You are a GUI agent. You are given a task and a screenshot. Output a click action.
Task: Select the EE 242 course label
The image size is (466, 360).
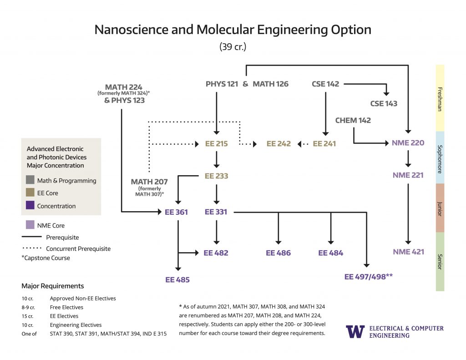[278, 144]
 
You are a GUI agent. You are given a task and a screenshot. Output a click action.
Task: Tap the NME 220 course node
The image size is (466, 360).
[408, 143]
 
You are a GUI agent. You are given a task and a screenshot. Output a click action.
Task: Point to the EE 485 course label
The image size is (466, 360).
[177, 280]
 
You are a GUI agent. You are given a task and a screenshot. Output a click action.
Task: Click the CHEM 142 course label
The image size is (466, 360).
[353, 121]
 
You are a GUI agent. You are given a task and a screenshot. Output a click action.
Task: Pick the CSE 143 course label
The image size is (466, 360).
[383, 103]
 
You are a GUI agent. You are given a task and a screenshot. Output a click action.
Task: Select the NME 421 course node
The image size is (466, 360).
[408, 252]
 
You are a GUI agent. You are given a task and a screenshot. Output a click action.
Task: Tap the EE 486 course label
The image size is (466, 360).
[278, 253]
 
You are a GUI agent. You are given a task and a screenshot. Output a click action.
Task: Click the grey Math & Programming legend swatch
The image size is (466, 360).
[30, 180]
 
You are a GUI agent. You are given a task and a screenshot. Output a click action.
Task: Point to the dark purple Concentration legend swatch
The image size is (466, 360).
[30, 206]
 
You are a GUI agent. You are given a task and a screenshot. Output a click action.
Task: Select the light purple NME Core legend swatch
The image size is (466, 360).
[30, 225]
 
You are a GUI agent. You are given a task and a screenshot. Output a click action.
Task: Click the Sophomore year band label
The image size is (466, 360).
[440, 157]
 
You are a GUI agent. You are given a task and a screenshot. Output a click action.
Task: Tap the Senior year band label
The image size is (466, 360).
[440, 262]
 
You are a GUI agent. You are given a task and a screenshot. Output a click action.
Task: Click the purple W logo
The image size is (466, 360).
[355, 332]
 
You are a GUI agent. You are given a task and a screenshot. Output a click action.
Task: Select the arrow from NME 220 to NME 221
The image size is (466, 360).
[408, 158]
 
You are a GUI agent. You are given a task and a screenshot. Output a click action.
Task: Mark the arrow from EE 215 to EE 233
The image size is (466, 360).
[216, 159]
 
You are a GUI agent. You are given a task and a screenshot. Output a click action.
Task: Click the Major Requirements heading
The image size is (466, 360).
[52, 286]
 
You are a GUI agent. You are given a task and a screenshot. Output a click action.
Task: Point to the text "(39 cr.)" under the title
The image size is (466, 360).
[233, 46]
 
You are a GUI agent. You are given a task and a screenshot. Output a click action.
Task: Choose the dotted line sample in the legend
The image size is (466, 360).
[32, 249]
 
